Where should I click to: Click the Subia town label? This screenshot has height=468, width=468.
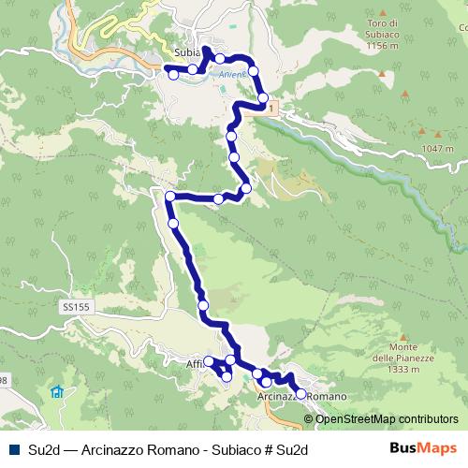pos(188,53)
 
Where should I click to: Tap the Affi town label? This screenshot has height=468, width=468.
pos(195,363)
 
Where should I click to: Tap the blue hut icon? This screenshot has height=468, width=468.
pos(58,391)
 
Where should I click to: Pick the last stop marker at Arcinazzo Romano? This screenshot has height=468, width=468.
pos(300,394)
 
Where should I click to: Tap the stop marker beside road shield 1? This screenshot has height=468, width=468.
pos(263,97)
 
